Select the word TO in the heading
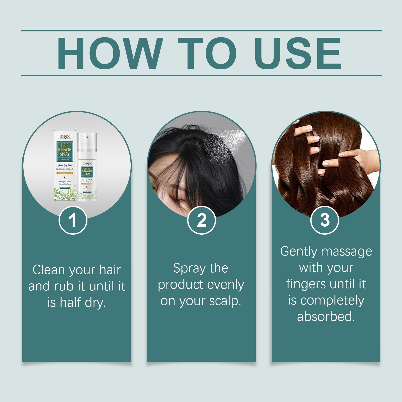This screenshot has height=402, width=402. point(207,53)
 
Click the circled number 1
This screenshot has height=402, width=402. point(73,220)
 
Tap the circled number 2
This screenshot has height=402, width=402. point(202,220)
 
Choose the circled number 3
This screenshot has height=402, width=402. point(325,220)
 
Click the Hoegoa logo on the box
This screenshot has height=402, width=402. point(65,136)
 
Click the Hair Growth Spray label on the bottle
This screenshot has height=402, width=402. point(87,171)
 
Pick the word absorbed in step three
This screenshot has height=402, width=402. point(326,317)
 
